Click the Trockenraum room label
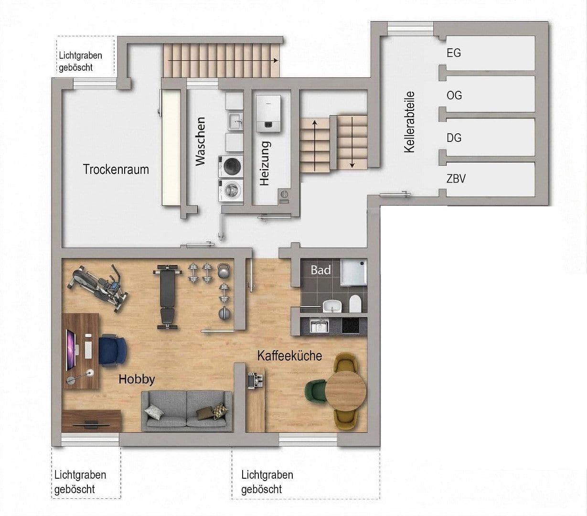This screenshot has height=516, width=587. click(116, 169)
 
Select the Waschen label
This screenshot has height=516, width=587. click(200, 141)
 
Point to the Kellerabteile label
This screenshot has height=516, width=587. click(409, 122)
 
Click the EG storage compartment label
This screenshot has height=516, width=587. click(454, 53)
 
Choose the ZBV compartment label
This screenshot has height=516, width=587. click(456, 179)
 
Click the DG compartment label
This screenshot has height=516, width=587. click(454, 138)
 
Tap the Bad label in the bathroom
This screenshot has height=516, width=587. click(320, 270)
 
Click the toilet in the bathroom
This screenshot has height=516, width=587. click(355, 304)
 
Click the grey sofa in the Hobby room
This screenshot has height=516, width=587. click(187, 410)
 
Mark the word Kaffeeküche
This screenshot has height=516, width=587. click(289, 356)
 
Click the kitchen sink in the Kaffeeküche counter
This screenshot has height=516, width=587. click(319, 326)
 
